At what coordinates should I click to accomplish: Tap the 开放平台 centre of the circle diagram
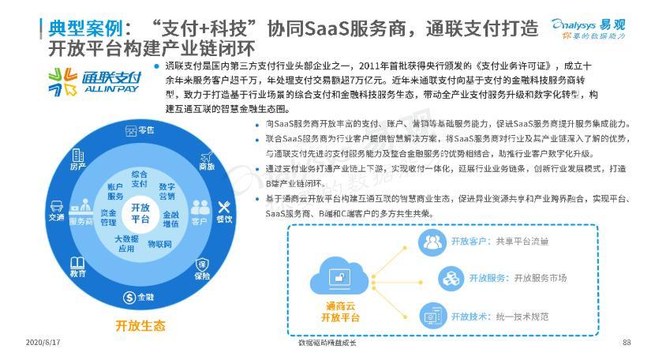(140, 214)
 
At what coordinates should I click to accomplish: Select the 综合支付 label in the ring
(140, 178)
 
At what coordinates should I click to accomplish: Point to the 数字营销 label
(167, 191)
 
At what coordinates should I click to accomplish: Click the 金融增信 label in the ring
(171, 219)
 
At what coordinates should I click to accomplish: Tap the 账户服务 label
(115, 191)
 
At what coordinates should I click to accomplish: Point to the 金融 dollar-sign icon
(129, 297)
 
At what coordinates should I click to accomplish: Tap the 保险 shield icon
(202, 264)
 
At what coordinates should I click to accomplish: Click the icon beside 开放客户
(432, 241)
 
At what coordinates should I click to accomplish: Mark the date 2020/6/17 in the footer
(38, 343)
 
